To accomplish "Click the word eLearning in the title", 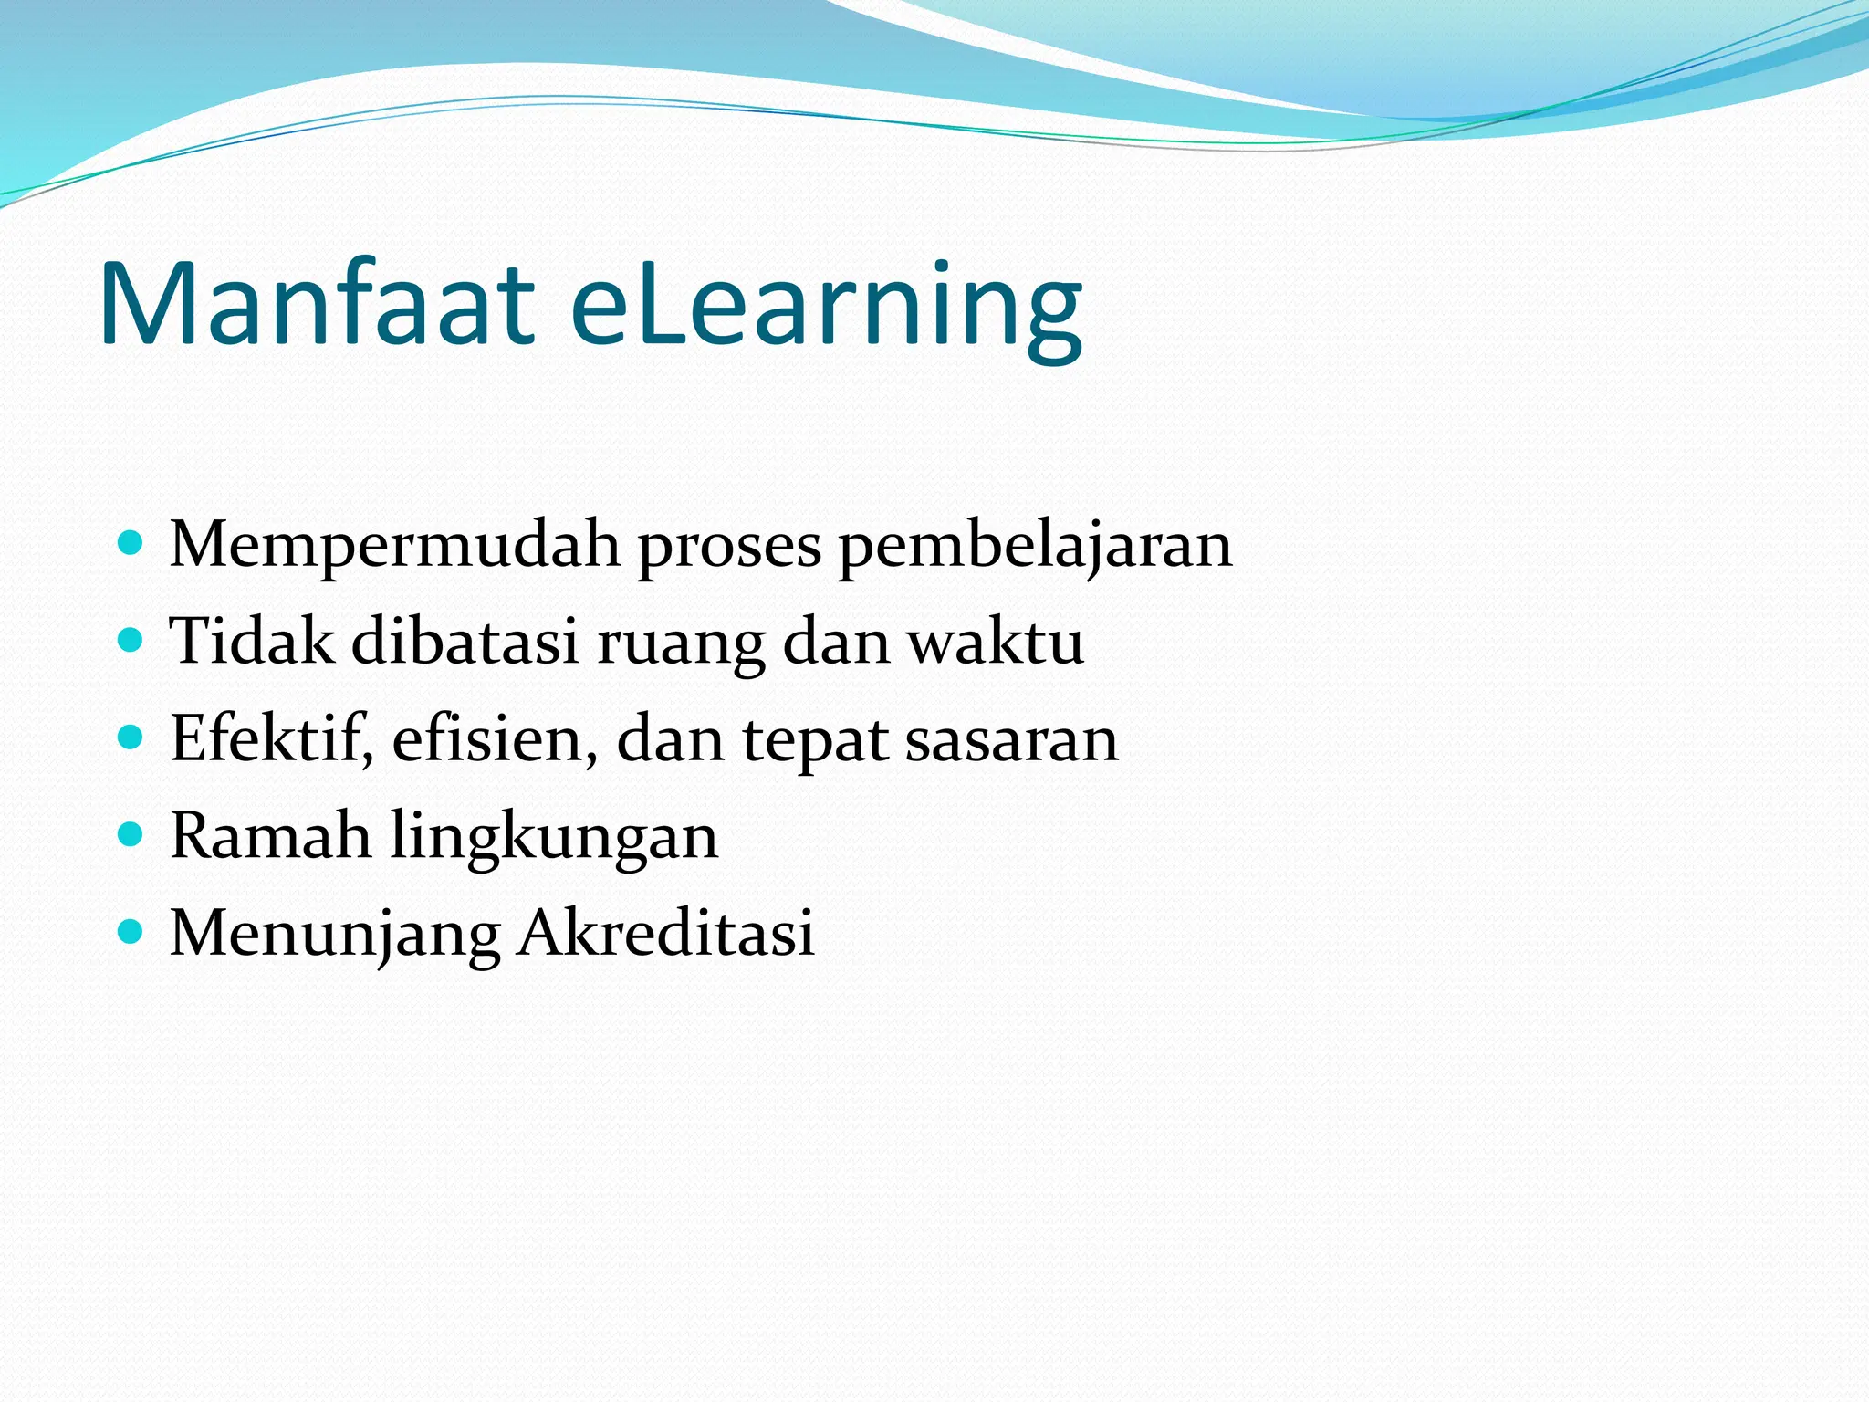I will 826,306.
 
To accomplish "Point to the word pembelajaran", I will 1035,545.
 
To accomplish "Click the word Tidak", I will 252,641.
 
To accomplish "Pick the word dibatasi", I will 465,641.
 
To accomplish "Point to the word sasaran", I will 1011,740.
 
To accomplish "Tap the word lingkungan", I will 554,837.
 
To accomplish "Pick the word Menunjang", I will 335,934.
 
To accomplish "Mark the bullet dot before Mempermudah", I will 131,544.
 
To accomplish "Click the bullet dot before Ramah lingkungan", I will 131,834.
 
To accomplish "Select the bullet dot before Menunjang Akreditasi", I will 131,931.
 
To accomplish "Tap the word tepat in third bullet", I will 814,740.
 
